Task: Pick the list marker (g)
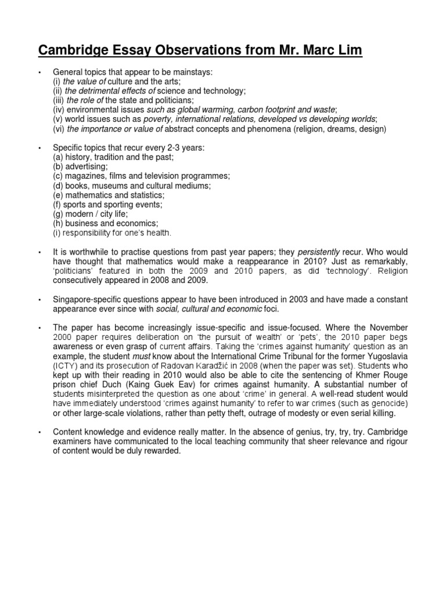tap(58, 213)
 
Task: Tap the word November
tap(387, 328)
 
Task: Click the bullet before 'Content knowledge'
tap(39, 432)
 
